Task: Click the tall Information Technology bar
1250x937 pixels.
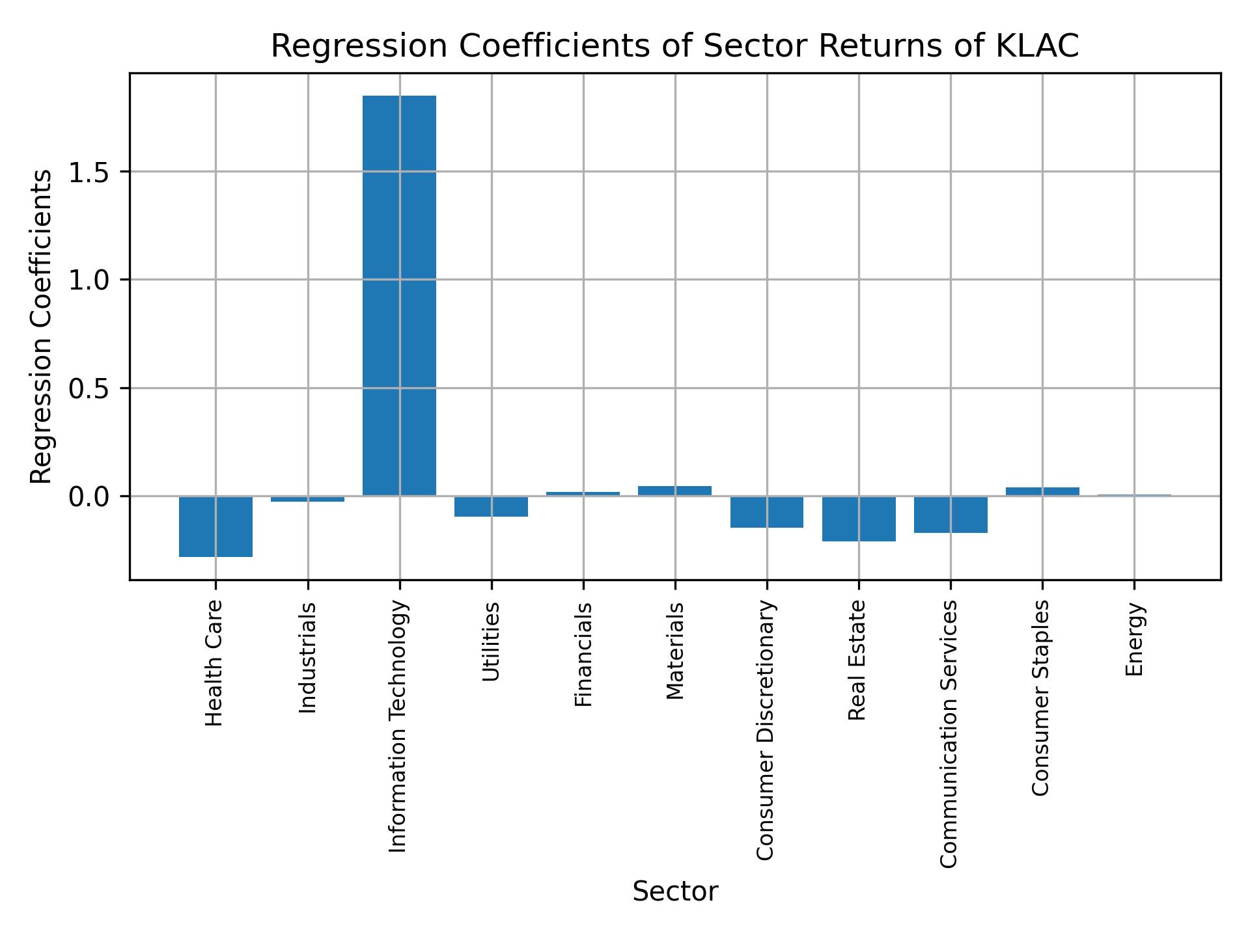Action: (x=399, y=295)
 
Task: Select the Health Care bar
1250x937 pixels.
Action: (x=215, y=526)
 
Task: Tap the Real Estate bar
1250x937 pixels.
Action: (x=859, y=519)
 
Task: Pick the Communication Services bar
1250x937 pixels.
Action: (x=951, y=515)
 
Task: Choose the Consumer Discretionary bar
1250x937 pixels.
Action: (x=767, y=512)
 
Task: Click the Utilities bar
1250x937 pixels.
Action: (x=491, y=506)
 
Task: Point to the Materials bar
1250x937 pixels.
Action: (x=674, y=491)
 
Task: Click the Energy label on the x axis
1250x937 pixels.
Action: (x=1135, y=639)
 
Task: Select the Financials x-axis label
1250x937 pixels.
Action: (x=583, y=654)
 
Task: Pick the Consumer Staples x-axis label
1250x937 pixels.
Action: (x=1042, y=698)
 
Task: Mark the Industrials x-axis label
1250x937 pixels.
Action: (x=307, y=658)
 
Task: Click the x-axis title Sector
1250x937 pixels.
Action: (x=675, y=891)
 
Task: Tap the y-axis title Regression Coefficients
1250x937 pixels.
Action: (x=42, y=327)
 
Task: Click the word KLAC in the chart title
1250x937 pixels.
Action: (x=1038, y=46)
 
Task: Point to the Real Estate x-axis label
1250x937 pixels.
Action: (x=857, y=660)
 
